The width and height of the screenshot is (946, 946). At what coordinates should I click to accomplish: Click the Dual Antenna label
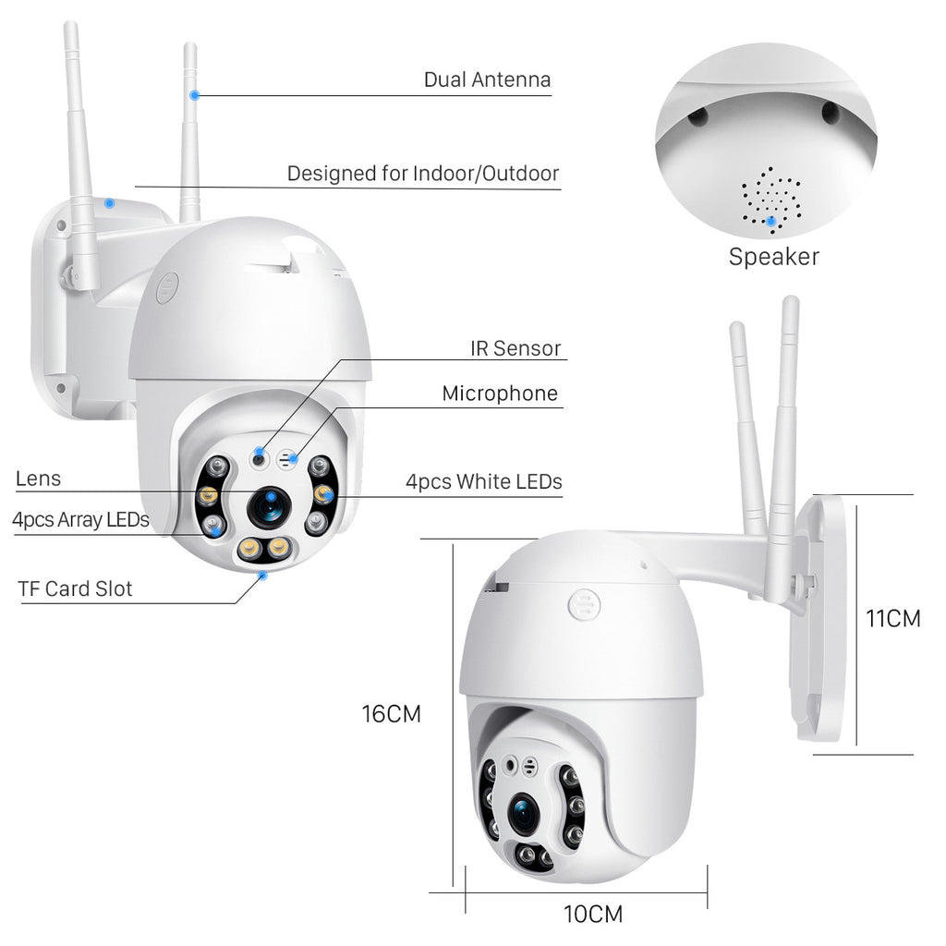[487, 79]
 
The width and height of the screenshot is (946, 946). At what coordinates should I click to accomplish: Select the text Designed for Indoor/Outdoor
[422, 174]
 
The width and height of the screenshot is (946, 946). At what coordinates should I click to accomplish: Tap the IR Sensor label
[515, 348]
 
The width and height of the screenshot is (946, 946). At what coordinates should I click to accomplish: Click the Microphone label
[500, 394]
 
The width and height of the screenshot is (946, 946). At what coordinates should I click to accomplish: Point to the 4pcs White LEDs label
[483, 481]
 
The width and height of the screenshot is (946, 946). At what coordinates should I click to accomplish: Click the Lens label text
[38, 479]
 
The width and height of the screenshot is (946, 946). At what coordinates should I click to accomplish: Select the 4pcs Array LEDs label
[80, 519]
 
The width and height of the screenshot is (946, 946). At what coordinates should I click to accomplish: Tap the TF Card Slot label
[75, 588]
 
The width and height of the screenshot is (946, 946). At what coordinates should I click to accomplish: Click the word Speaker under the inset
[773, 257]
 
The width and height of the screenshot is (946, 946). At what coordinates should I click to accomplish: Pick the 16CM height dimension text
[391, 714]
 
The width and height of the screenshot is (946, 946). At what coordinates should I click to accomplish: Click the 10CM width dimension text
[593, 915]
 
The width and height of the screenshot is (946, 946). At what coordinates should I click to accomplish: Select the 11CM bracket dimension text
[892, 619]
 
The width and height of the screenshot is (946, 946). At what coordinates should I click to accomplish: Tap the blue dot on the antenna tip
[194, 94]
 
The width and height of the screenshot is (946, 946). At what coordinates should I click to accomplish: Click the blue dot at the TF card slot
[264, 574]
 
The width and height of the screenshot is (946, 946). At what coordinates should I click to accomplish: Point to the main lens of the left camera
[269, 506]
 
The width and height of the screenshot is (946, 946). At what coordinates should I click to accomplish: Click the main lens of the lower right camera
[524, 812]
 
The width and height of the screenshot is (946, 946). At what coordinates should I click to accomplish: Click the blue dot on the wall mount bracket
[109, 202]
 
